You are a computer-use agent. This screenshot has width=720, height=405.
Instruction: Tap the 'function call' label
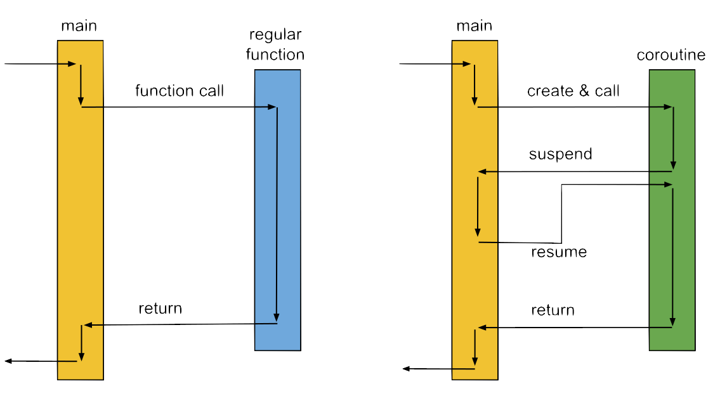pos(180,91)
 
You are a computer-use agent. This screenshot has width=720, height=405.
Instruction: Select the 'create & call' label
pos(573,91)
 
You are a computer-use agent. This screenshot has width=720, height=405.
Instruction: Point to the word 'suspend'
pos(560,154)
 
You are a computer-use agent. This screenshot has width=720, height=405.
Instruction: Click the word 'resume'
pos(559,252)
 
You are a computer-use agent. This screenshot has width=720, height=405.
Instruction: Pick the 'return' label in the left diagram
pos(160,309)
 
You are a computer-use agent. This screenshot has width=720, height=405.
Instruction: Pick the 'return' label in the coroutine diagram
pos(553,310)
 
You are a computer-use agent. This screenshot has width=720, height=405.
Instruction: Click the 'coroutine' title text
pos(671,55)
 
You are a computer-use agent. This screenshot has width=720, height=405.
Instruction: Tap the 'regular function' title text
pos(275,44)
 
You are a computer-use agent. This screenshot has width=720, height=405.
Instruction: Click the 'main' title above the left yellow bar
pos(79,26)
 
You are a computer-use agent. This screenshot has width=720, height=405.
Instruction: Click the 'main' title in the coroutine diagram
pos(474,26)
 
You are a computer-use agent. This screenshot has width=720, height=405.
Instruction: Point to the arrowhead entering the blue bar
pos(273,107)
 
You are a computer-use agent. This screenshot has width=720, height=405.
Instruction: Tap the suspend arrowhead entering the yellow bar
pos(482,171)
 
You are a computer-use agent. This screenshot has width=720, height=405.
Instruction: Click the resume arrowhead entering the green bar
pos(668,185)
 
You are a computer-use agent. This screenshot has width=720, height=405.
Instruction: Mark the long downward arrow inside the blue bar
pos(277,216)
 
